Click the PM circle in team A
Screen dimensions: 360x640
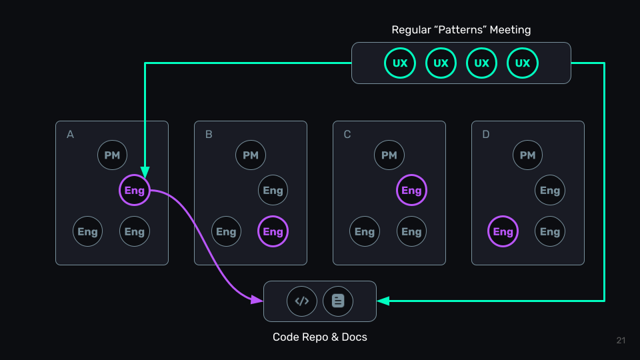coord(112,155)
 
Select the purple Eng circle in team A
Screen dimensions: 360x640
coord(134,191)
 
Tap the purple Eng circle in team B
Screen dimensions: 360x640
coord(273,232)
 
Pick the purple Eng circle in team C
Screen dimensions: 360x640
coord(411,191)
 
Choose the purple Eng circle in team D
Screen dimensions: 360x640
coord(503,232)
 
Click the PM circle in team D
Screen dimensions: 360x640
coord(527,155)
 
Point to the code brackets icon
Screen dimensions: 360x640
coord(302,301)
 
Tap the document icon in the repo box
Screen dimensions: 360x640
coord(338,301)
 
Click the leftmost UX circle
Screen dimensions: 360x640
coord(400,63)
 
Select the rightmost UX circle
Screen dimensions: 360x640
coord(523,63)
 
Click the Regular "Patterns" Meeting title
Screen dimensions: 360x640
coord(461,30)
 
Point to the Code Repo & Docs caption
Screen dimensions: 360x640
coord(320,337)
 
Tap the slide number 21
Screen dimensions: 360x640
coord(621,341)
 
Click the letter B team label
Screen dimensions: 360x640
coord(209,135)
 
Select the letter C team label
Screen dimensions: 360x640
coord(347,135)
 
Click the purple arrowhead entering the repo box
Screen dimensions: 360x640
coord(257,301)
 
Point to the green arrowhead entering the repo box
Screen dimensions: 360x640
coord(383,301)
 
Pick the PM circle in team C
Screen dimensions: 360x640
coord(389,155)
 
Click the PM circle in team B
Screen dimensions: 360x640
coord(251,155)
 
